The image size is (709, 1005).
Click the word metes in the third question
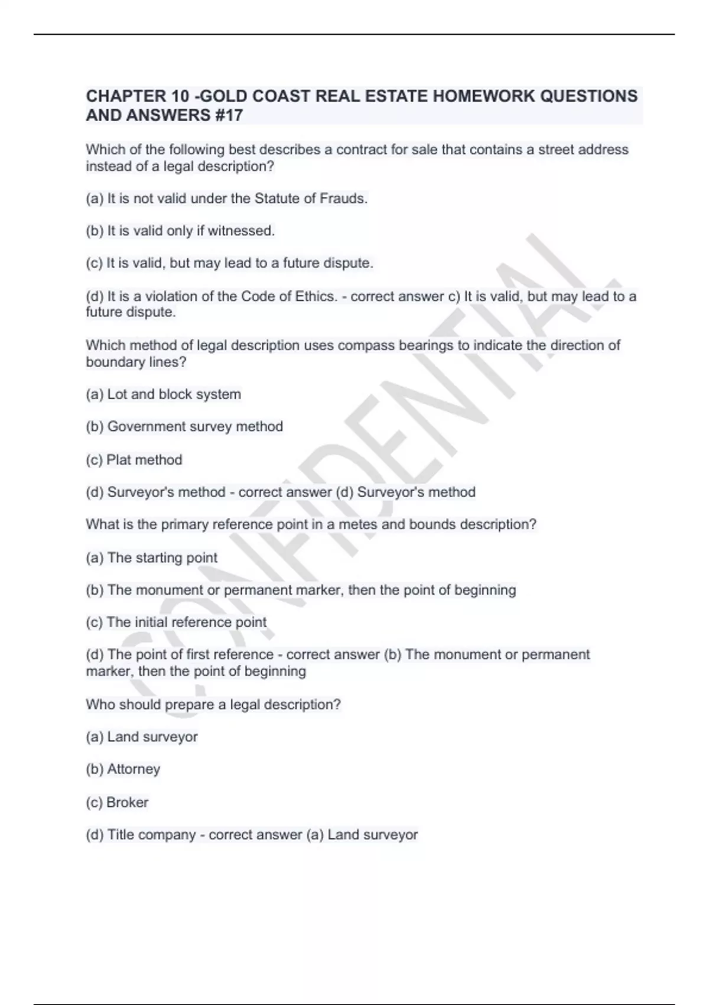[358, 524]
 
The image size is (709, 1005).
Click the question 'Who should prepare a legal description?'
[213, 704]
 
